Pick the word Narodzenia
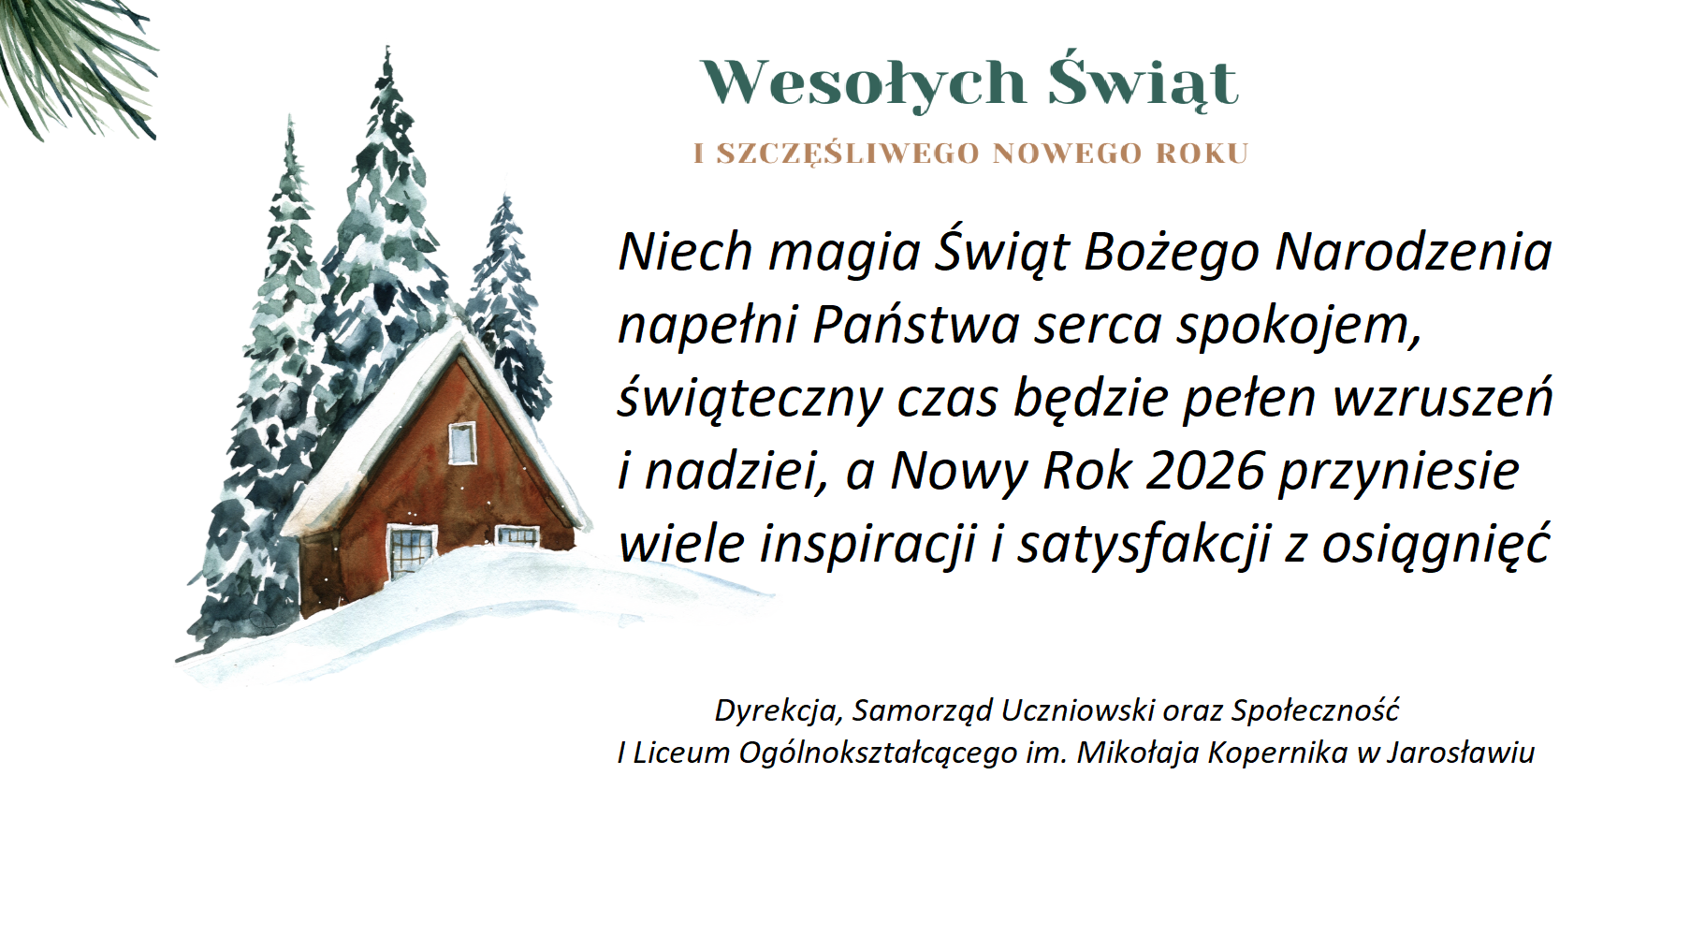pos(1413,251)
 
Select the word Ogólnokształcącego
pos(878,753)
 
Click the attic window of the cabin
pos(462,443)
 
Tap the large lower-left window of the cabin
pos(411,549)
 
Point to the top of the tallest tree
pos(386,49)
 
